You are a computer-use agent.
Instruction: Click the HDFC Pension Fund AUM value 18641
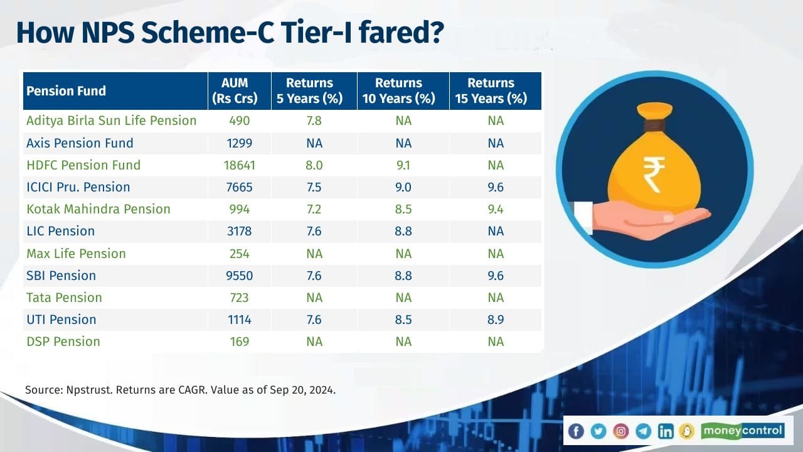240,165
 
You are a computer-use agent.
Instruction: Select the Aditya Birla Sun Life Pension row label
112,121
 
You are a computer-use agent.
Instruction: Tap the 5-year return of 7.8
314,121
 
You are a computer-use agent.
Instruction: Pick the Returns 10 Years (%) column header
398,91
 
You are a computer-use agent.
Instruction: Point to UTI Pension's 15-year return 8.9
496,320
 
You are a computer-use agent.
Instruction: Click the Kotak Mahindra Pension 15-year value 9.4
496,209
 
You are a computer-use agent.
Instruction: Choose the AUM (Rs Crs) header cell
235,91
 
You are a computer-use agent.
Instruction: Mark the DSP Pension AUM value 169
240,342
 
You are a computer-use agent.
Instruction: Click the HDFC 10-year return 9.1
403,165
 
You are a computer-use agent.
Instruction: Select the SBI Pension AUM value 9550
240,276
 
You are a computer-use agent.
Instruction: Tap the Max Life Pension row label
76,254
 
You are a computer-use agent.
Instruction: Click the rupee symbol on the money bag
654,175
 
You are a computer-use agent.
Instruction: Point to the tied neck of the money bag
654,126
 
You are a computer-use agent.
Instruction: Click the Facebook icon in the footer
576,431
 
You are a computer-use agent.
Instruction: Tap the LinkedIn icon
666,431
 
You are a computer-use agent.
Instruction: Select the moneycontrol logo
742,431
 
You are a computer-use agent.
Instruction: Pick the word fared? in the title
401,33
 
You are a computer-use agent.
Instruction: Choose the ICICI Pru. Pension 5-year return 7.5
314,187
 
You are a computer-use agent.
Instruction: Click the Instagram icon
621,431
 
